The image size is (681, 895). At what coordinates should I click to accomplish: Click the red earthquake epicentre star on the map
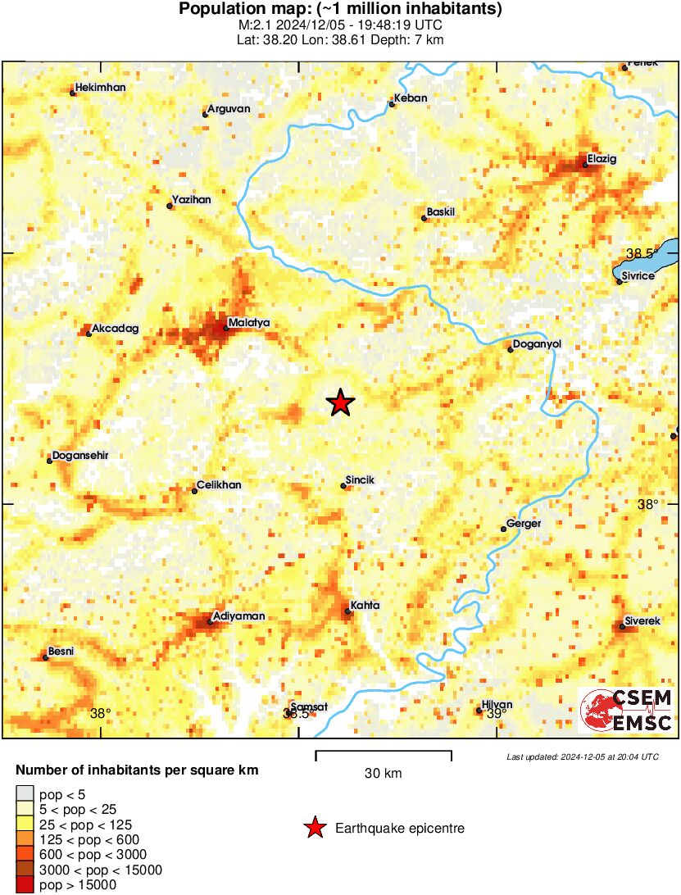pos(340,402)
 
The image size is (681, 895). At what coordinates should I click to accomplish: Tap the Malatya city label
pos(248,323)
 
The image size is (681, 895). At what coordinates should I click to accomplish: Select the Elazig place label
pos(602,158)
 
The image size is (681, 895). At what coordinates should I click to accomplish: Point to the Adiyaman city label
pos(238,616)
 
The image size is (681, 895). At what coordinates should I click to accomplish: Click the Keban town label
pos(411,98)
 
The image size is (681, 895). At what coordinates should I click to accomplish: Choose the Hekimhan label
pos(100,88)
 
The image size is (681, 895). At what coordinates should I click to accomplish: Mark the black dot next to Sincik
pos(343,486)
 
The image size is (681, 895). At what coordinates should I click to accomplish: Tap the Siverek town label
pos(642,620)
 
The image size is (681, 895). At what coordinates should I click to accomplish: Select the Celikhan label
pos(219,485)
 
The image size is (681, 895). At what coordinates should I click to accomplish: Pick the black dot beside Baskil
pos(424,218)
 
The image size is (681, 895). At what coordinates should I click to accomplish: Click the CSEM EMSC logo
pos(626,710)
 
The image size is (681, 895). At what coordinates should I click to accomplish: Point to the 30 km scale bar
pos(384,751)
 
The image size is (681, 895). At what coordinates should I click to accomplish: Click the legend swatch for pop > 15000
pos(25,884)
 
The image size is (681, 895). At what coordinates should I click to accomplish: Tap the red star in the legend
pos(314,829)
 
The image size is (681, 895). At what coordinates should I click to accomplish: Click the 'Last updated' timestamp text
pos(582,756)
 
